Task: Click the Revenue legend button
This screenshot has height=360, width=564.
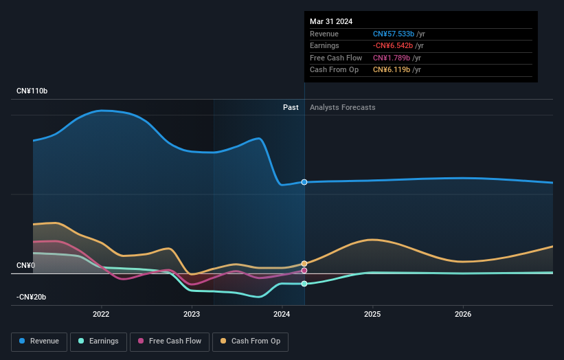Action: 39,341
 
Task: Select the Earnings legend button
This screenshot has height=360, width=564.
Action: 98,341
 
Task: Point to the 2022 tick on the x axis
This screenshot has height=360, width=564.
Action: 101,314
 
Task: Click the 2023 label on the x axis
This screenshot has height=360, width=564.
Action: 192,314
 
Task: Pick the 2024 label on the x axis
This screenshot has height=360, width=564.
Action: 282,314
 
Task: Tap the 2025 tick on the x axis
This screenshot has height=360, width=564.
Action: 372,314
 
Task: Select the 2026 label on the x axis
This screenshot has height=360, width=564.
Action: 463,314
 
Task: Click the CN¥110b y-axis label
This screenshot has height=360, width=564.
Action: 32,91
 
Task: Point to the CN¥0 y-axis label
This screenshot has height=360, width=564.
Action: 26,265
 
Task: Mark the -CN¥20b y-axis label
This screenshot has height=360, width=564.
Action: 32,297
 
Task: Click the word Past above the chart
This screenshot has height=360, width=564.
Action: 291,107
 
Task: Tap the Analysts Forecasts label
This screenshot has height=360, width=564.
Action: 343,107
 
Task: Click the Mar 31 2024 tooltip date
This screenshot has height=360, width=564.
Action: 331,21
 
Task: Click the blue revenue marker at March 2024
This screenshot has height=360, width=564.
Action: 304,182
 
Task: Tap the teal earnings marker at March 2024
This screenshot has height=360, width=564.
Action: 304,284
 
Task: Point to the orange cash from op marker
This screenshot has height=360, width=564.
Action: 304,264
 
